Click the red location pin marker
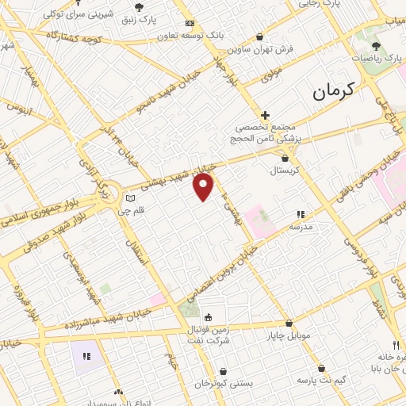point(204,187)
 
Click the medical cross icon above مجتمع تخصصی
point(265,115)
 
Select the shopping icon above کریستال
point(284,158)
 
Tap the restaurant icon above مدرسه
point(301,214)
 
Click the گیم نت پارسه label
point(320,381)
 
